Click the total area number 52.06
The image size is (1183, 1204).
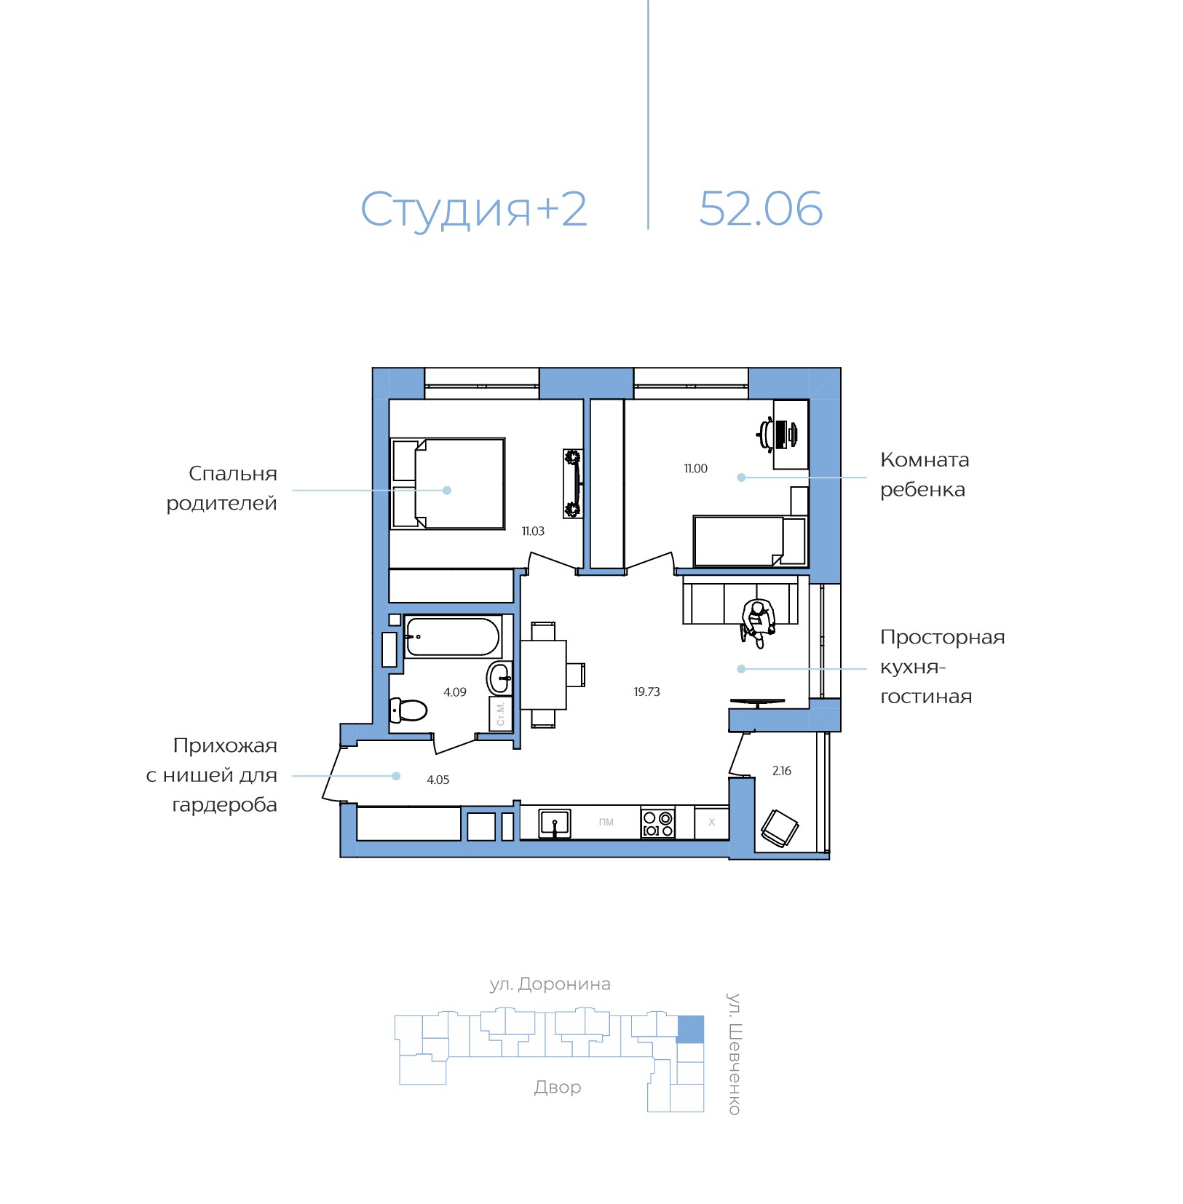tap(760, 209)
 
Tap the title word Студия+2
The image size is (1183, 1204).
tap(474, 210)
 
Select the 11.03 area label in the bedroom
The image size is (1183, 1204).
tap(533, 531)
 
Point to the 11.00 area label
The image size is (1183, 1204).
tap(695, 469)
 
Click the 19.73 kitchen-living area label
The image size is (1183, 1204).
tap(646, 692)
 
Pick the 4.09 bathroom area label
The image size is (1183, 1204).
tap(455, 692)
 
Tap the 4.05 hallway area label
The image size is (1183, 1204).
tap(438, 780)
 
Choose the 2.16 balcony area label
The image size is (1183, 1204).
tap(782, 770)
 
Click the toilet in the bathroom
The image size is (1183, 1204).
tap(408, 709)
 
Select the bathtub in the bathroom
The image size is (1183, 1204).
tap(453, 637)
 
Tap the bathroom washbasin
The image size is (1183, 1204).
tap(499, 678)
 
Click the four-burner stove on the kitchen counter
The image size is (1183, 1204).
tap(658, 823)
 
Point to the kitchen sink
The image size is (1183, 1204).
tap(555, 823)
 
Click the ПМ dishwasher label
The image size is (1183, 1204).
tap(606, 823)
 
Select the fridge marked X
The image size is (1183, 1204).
tap(712, 823)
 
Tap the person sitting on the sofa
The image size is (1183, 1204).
tap(757, 622)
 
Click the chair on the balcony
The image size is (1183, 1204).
tap(780, 828)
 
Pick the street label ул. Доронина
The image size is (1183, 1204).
tap(550, 985)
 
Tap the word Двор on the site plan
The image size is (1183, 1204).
tap(558, 1088)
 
